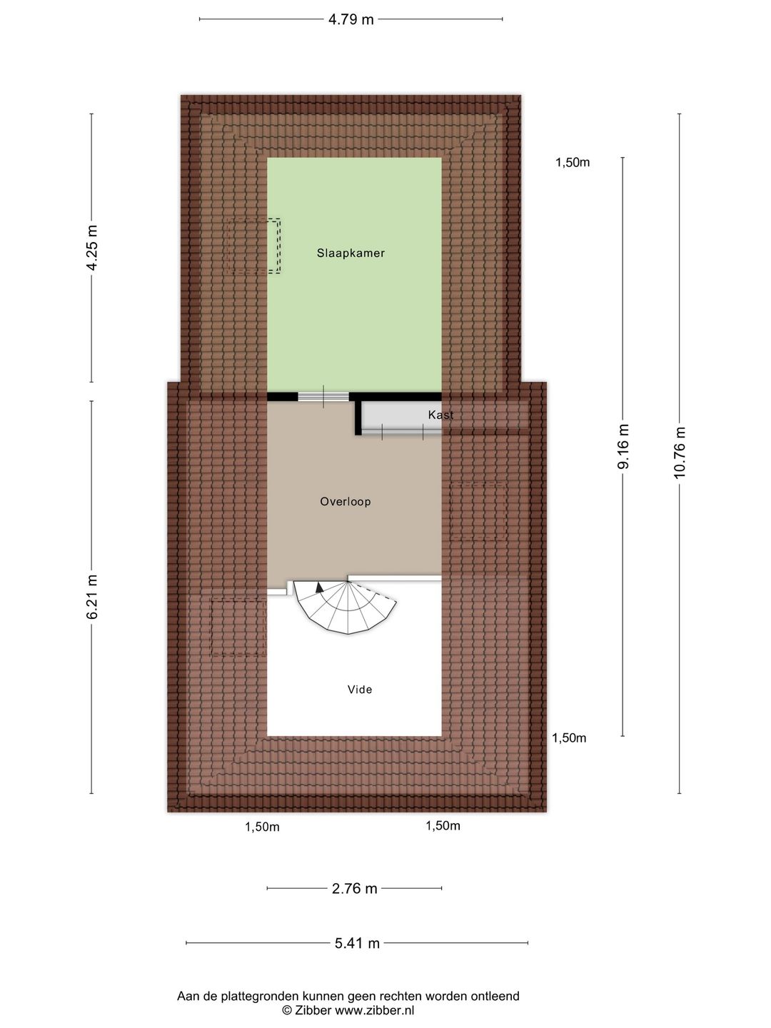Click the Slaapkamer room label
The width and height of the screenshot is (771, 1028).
pyautogui.click(x=351, y=253)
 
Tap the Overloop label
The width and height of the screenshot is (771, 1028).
pyautogui.click(x=346, y=502)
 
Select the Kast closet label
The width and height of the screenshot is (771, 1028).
pyautogui.click(x=441, y=415)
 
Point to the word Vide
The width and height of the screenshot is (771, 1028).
pyautogui.click(x=360, y=690)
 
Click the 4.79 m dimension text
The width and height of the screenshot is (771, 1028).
pyautogui.click(x=351, y=20)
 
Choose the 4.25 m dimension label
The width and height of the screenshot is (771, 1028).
pyautogui.click(x=92, y=248)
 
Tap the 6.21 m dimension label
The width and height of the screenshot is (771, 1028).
pyautogui.click(x=92, y=597)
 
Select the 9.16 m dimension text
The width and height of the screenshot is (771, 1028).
pyautogui.click(x=623, y=446)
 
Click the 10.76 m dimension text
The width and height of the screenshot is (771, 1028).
pyautogui.click(x=680, y=453)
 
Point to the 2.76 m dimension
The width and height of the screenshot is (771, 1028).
pyautogui.click(x=354, y=889)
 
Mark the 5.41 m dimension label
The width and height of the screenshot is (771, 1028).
pyautogui.click(x=357, y=943)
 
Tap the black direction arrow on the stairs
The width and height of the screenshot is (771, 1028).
pyautogui.click(x=320, y=588)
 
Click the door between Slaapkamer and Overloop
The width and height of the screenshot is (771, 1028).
pyautogui.click(x=323, y=397)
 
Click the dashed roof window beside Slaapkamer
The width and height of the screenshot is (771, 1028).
pyautogui.click(x=253, y=246)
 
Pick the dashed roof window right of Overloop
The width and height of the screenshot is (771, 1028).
pyautogui.click(x=478, y=511)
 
